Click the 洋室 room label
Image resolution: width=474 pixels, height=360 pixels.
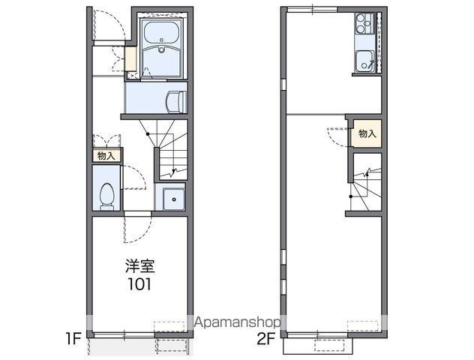[x=139, y=266]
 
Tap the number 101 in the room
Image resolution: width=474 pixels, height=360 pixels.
[x=139, y=284]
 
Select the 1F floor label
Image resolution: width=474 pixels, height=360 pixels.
[x=73, y=338]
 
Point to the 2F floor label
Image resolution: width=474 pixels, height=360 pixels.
[x=266, y=338]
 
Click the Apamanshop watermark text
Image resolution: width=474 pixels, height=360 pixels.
[x=237, y=322]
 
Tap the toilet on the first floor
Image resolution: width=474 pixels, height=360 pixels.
[x=106, y=196]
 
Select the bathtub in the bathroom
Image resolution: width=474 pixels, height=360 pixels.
[x=161, y=33]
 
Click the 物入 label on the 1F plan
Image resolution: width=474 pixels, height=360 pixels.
[x=106, y=156]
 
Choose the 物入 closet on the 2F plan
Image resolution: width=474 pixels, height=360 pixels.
[x=367, y=133]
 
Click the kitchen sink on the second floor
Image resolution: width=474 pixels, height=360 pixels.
[x=364, y=61]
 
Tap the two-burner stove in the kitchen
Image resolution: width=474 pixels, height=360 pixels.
[x=364, y=23]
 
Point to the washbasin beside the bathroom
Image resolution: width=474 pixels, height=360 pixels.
[x=176, y=102]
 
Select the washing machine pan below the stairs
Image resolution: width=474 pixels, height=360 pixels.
[x=173, y=199]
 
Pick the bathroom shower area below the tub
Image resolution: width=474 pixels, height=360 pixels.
[x=162, y=62]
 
